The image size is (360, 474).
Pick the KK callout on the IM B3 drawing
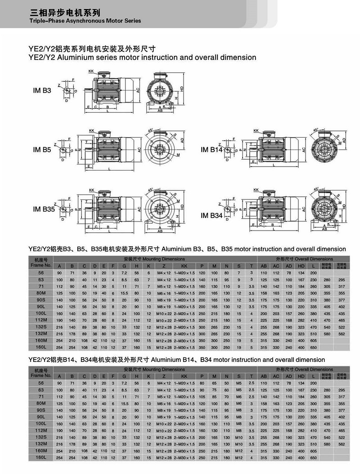coord(91,71)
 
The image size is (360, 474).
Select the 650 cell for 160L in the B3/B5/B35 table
coord(313,348)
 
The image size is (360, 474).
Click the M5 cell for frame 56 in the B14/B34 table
coord(239,382)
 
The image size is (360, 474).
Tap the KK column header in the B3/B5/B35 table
coord(184,266)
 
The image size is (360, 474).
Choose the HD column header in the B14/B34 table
coord(301,376)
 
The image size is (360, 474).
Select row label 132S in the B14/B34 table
coord(40,437)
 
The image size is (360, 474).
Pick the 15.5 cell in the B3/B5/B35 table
coord(124,293)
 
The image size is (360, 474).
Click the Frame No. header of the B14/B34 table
coord(40,373)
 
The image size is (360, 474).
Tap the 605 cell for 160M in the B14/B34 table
coord(313,451)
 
